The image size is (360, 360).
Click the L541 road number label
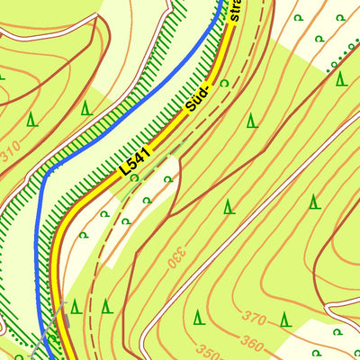click(134, 160)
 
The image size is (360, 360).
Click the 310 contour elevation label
click(11, 156)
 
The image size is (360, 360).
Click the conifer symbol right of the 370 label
click(285, 319)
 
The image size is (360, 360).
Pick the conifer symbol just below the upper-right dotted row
click(340, 78)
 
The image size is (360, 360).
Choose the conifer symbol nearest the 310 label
click(32, 118)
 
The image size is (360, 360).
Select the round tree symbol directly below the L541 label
click(133, 178)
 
